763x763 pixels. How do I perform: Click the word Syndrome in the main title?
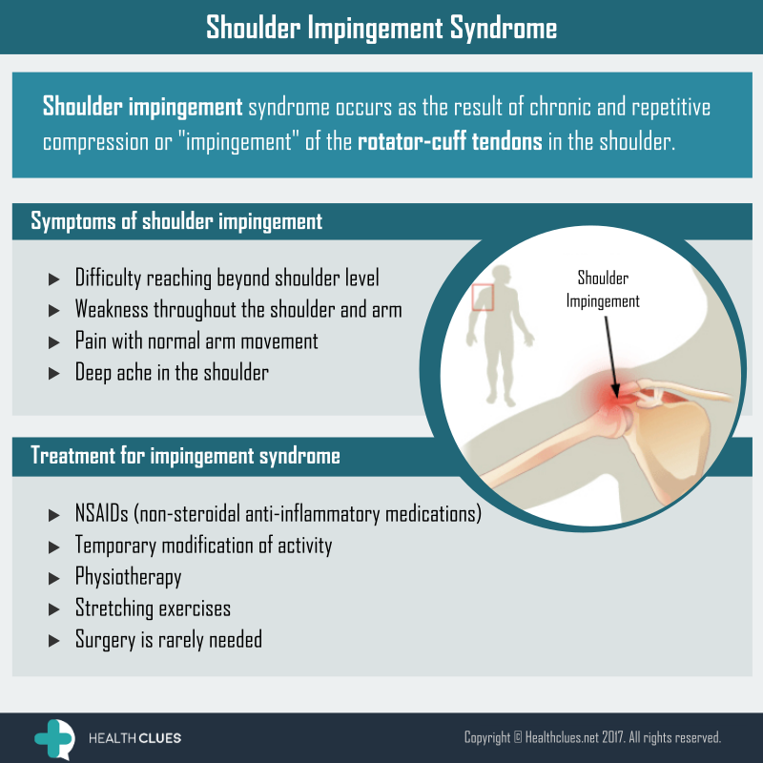504,28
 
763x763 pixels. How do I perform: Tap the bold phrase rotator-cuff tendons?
449,141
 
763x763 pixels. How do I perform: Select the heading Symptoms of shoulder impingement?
176,221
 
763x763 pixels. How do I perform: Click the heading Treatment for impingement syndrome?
185,456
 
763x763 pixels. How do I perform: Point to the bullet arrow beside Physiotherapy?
54,579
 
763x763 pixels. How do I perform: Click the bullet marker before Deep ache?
54,374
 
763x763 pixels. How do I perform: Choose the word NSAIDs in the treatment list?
102,513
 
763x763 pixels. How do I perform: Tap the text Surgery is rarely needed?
169,639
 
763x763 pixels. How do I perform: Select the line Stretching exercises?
153,608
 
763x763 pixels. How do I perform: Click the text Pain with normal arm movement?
196,340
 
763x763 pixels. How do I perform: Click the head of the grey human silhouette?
502,276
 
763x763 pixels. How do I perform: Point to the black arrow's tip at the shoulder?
615,397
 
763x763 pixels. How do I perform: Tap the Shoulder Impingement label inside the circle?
603,290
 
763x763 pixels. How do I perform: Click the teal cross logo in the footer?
53,738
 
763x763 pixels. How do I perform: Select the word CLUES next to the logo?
158,738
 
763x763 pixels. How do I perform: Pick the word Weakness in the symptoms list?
112,309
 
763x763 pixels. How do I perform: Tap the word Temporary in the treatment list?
115,546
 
